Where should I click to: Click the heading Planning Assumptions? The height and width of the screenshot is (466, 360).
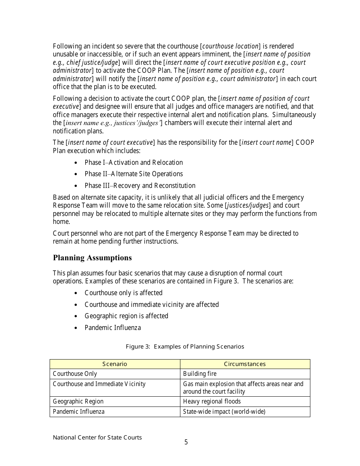92,258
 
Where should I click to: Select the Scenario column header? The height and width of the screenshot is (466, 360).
114,364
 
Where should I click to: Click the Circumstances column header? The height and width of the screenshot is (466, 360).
245,364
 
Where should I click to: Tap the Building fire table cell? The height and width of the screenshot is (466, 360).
200,374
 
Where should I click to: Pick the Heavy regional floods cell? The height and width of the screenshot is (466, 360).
212,402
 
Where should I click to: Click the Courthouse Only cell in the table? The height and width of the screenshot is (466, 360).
75,374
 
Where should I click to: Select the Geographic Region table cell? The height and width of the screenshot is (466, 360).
78,402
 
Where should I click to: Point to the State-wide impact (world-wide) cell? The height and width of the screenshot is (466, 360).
224,412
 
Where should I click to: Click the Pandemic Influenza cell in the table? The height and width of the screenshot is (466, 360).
78,412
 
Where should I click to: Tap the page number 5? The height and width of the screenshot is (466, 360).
186,442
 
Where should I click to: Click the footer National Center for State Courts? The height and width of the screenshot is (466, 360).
97,438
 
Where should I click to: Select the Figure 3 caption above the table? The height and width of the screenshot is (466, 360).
185,347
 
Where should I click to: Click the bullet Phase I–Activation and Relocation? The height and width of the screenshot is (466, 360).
133,163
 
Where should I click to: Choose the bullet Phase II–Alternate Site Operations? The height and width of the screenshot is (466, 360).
133,174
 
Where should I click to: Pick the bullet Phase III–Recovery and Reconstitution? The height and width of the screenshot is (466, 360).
140,186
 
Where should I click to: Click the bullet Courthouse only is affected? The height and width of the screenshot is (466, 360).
124,293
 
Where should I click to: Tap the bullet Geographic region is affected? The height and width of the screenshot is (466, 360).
126,316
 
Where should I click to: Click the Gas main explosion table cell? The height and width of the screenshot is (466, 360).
243,388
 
